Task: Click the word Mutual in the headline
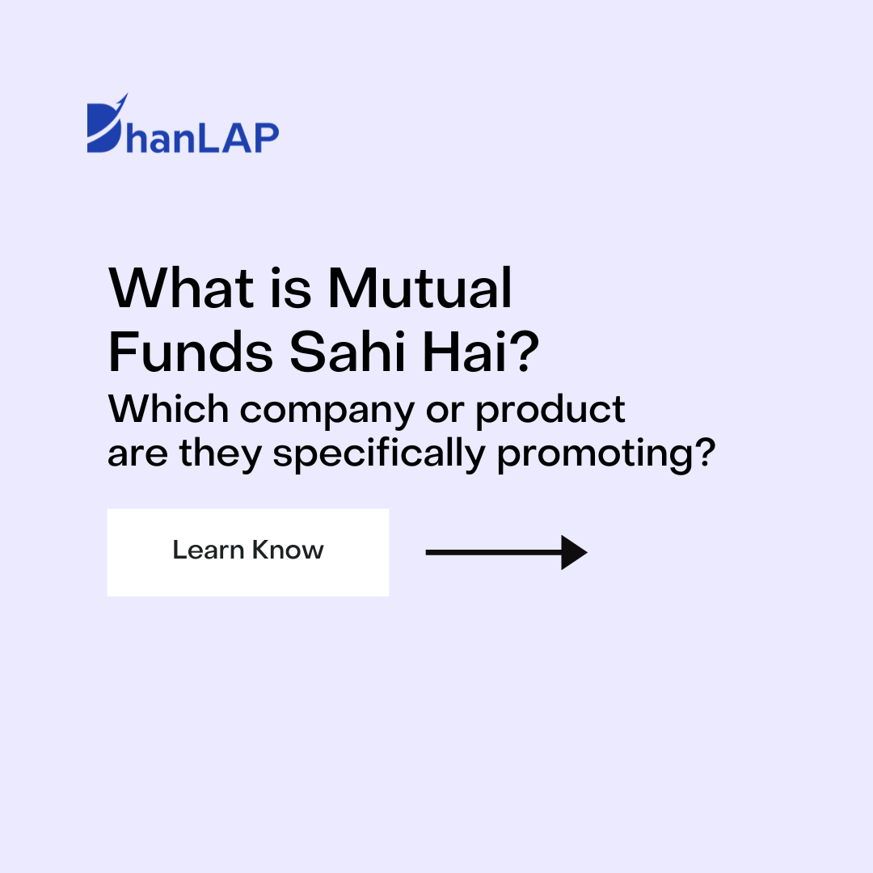click(420, 288)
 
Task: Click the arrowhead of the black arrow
click(573, 553)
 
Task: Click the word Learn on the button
click(208, 550)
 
